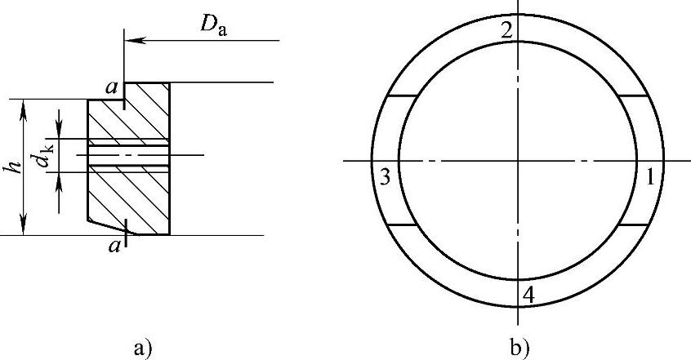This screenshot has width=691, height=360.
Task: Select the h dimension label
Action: (x=16, y=167)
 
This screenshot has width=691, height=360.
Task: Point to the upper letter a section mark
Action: (x=112, y=88)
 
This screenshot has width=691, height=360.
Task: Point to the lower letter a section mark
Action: (x=114, y=246)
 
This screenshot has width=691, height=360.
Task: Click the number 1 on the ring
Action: (x=649, y=178)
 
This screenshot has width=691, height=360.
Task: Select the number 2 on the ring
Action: (x=506, y=30)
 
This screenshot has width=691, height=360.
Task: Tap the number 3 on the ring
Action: (x=385, y=178)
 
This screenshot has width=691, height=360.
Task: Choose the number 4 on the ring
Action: (x=528, y=296)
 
